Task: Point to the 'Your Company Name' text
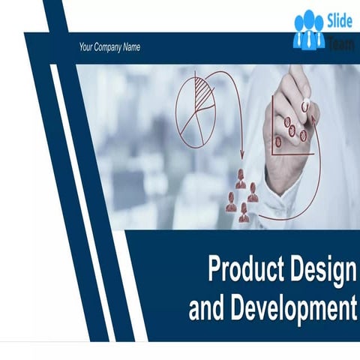click(x=109, y=47)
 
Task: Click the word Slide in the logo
click(x=339, y=21)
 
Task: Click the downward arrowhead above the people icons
click(x=241, y=154)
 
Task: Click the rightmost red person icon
click(x=253, y=193)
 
